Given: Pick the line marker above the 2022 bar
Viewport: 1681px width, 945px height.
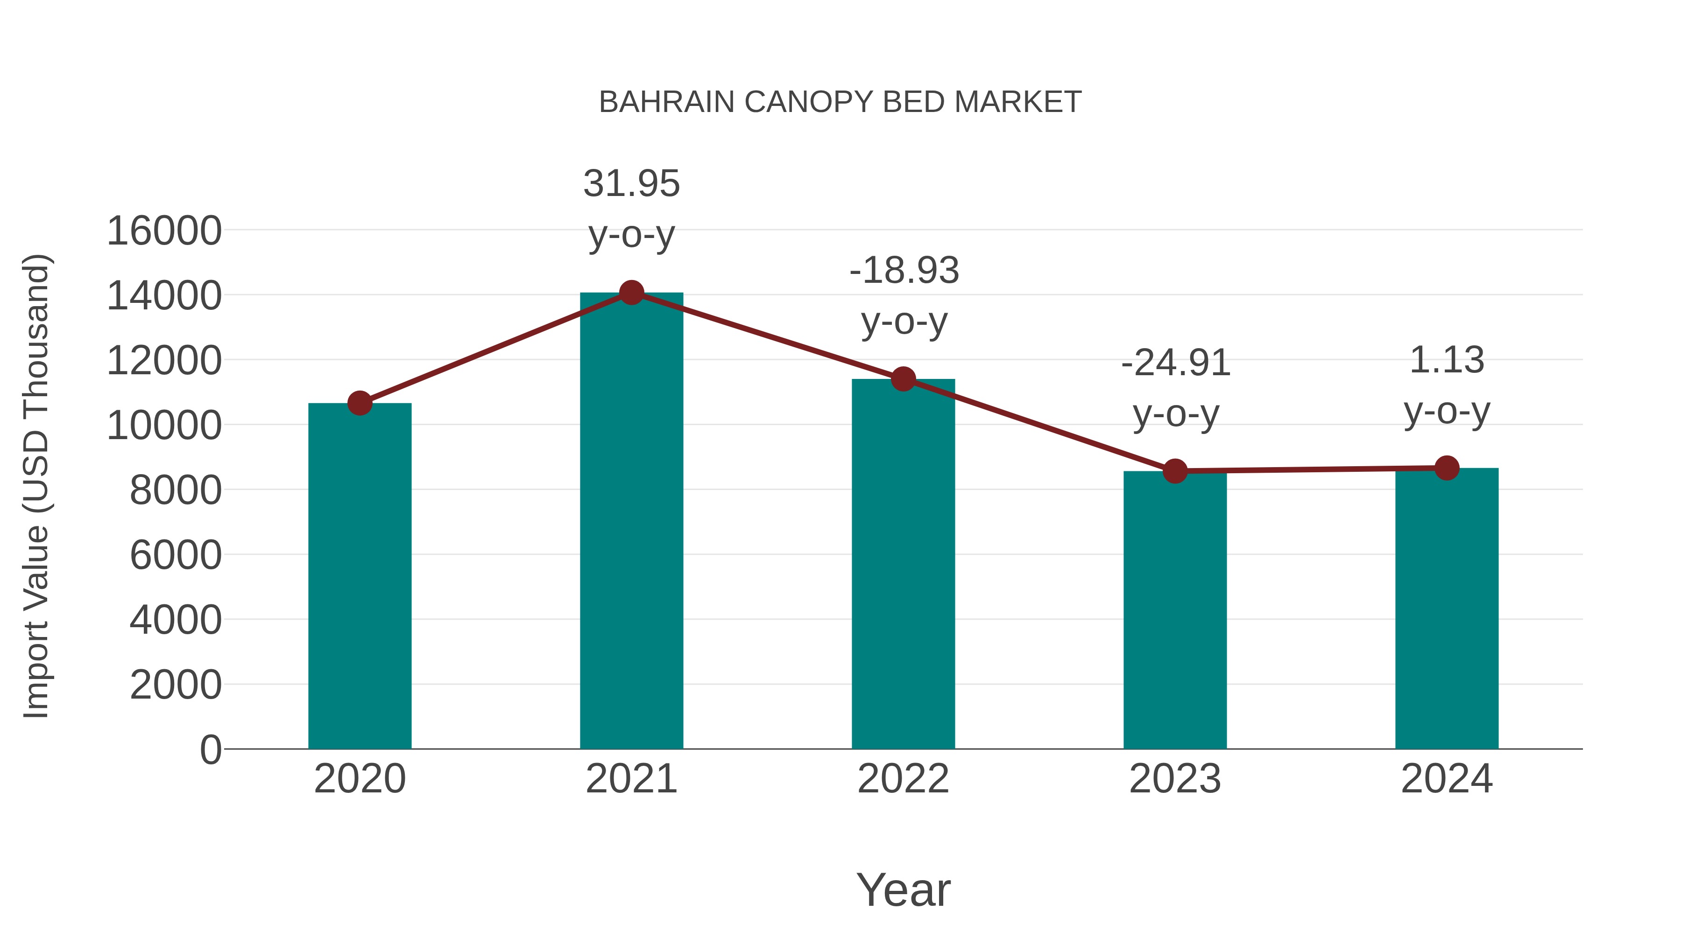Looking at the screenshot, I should (x=903, y=379).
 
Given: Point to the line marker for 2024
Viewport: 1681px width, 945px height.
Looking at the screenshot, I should (x=1447, y=468).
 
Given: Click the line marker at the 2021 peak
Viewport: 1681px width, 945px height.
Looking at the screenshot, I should (x=631, y=293).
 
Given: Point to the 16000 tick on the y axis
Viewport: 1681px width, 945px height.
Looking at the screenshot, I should (x=164, y=231).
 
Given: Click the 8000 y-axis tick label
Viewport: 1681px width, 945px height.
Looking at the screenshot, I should (x=176, y=490).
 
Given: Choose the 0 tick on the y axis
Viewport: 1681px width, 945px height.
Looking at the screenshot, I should (x=210, y=749).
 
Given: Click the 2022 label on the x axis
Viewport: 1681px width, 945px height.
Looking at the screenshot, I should (x=903, y=779).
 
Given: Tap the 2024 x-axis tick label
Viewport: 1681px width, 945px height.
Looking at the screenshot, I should (x=1447, y=779).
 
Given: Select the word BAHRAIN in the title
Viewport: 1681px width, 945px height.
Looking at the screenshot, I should (x=666, y=102).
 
